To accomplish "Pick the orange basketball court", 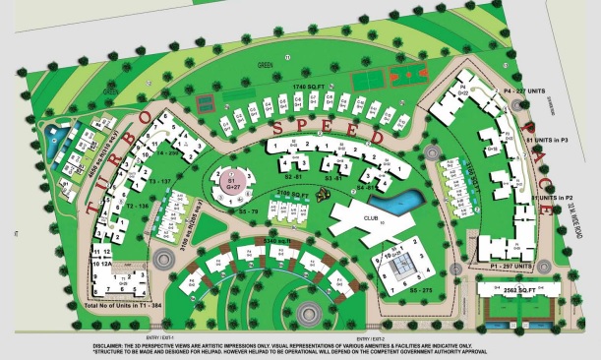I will (402, 74).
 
